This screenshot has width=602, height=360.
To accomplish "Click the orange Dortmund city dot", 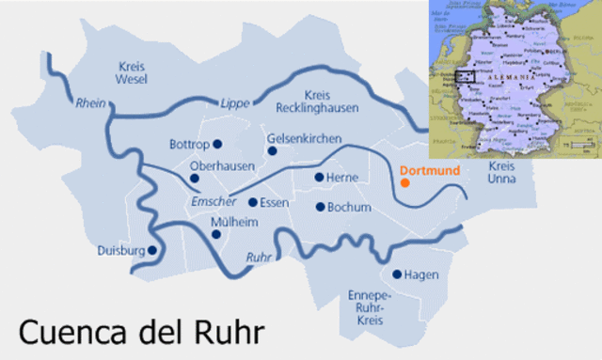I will (x=404, y=182).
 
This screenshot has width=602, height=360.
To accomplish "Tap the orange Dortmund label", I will (x=428, y=171).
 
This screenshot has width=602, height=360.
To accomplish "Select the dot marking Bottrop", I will (x=217, y=144).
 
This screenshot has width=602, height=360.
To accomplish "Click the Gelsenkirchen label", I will (x=304, y=138).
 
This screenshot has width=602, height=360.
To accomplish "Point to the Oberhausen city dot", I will (x=195, y=178).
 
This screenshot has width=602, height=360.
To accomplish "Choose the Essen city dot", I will (x=252, y=201).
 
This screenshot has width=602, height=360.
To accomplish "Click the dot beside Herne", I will (x=319, y=177).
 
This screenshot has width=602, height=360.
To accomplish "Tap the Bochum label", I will (x=350, y=207).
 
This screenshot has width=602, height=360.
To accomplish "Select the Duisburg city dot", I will (x=151, y=250).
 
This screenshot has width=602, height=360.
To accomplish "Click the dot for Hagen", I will (x=396, y=274).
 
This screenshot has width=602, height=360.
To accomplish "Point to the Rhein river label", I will (x=89, y=102).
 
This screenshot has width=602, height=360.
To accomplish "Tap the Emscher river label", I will (x=213, y=202).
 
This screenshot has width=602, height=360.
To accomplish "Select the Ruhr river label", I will (x=259, y=257).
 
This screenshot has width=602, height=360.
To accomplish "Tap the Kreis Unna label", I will (x=503, y=173).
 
